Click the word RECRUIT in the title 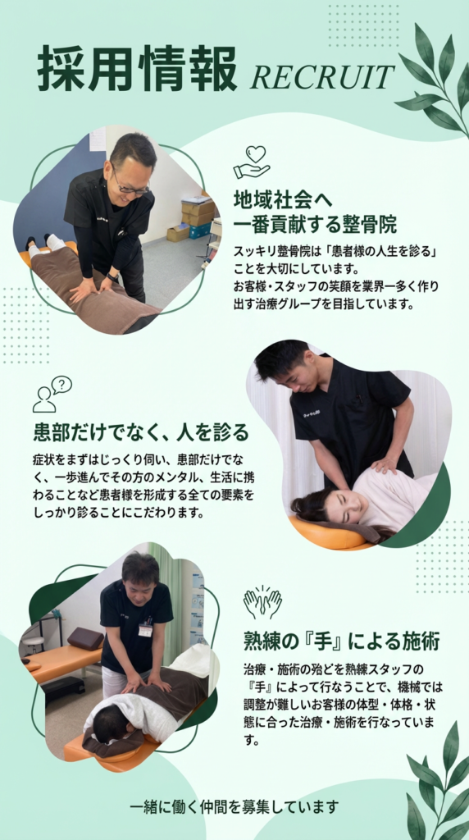point(322,77)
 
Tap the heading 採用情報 point(138,69)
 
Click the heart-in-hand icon point(252,162)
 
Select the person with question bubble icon point(52,394)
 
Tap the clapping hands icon point(262,603)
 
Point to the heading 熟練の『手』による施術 point(342,640)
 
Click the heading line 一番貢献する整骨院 point(315,225)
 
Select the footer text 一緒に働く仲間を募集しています point(235,806)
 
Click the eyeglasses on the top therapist point(130,185)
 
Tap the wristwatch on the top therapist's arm point(112,277)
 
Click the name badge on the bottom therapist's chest point(145,630)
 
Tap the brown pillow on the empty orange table point(85,638)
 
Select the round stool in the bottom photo point(33,646)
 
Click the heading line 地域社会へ point(283,200)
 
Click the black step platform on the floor point(63,688)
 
